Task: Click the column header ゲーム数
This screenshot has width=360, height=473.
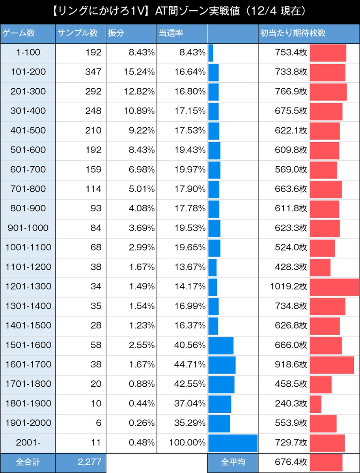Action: click(19, 34)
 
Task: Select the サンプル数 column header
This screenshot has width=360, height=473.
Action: click(77, 34)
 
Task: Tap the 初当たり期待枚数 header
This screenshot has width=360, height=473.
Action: click(293, 34)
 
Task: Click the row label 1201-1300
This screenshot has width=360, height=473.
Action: click(28, 287)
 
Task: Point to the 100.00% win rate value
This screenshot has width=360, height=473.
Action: click(187, 443)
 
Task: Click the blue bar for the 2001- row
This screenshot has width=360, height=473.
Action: click(233, 443)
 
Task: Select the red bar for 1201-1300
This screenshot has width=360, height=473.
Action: click(334, 287)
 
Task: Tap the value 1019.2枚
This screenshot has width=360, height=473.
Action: click(288, 287)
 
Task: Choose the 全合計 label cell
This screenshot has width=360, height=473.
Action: click(28, 462)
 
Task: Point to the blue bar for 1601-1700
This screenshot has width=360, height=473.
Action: click(222, 365)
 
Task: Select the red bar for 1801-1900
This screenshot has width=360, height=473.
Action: click(315, 404)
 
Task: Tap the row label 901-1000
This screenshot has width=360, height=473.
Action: click(28, 228)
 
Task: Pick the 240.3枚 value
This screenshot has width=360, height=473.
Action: click(291, 404)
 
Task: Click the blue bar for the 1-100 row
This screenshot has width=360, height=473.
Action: click(211, 53)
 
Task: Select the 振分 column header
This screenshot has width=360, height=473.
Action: click(116, 34)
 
